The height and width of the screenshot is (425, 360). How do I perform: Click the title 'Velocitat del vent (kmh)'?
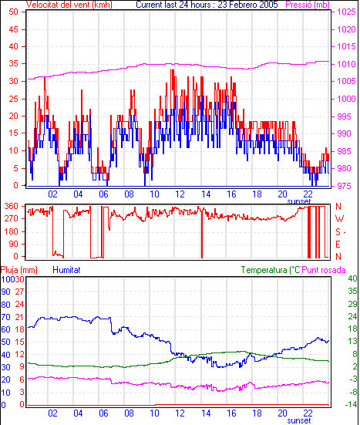click(x=69, y=5)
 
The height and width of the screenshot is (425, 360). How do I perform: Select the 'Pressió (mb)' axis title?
click(x=308, y=5)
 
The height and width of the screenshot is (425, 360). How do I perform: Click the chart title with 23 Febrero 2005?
click(x=207, y=5)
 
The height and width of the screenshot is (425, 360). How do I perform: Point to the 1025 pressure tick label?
click(x=346, y=12)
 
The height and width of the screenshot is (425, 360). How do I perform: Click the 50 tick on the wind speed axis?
click(x=14, y=12)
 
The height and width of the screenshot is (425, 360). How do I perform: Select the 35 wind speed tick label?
click(x=14, y=64)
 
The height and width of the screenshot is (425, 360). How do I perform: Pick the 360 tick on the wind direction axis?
click(x=12, y=206)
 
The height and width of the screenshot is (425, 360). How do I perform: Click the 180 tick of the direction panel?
click(x=12, y=231)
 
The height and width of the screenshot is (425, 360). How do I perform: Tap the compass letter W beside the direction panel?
click(x=339, y=218)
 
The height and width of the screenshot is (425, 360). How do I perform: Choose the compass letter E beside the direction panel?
click(x=338, y=245)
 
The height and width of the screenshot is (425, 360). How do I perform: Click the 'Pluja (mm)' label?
click(x=19, y=270)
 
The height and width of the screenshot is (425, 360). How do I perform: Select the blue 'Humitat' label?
click(x=66, y=270)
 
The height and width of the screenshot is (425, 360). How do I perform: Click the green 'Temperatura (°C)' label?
click(x=271, y=270)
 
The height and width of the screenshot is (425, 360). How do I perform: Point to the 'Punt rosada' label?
click(x=324, y=270)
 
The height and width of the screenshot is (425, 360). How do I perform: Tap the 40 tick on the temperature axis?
click(x=353, y=278)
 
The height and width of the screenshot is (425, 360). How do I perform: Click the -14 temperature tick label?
click(x=351, y=405)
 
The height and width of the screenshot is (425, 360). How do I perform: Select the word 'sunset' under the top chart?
click(x=299, y=201)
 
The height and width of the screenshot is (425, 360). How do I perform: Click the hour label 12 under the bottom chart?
click(x=180, y=413)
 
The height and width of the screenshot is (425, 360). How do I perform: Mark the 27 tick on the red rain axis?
click(x=19, y=292)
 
